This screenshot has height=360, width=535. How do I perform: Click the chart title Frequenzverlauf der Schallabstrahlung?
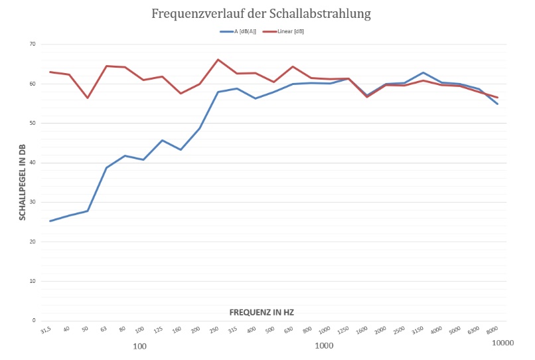pyautogui.click(x=261, y=13)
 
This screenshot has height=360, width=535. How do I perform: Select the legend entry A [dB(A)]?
pyautogui.click(x=243, y=31)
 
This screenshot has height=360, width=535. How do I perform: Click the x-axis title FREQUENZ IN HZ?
pyautogui.click(x=262, y=312)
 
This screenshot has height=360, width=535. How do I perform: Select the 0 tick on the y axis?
pyautogui.click(x=33, y=321)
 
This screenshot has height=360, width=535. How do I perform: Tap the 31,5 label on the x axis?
pyautogui.click(x=45, y=330)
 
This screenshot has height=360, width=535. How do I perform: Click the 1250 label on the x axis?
pyautogui.click(x=343, y=331)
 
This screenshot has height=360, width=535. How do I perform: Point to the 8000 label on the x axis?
pyautogui.click(x=492, y=331)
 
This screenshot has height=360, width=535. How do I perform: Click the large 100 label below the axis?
pyautogui.click(x=139, y=346)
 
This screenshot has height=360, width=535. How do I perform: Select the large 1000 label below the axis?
pyautogui.click(x=324, y=346)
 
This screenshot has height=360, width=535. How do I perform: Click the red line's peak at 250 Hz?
pyautogui.click(x=218, y=60)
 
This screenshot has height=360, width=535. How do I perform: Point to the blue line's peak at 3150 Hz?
pyautogui.click(x=423, y=72)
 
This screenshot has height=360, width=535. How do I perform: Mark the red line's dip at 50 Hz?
pyautogui.click(x=88, y=98)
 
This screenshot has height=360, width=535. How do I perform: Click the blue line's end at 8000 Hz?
pyautogui.click(x=498, y=104)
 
